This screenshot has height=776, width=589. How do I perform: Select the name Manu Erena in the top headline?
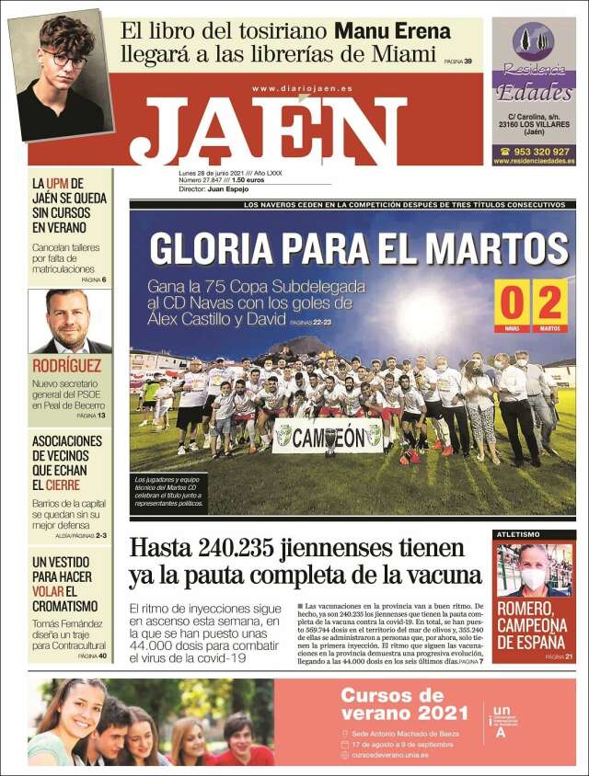click(392, 30)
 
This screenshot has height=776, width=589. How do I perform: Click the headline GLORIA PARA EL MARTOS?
click(359, 248)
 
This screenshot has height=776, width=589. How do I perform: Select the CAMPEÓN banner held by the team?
click(329, 435)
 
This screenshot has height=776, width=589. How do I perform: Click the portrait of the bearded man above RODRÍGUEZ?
click(70, 321)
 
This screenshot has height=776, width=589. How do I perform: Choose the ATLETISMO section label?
click(518, 534)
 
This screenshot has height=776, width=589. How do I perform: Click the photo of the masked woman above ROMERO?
click(534, 570)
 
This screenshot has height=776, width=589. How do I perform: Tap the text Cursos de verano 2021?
click(404, 703)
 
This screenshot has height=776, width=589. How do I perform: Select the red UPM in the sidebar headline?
click(58, 184)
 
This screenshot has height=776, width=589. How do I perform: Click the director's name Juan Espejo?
click(228, 188)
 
